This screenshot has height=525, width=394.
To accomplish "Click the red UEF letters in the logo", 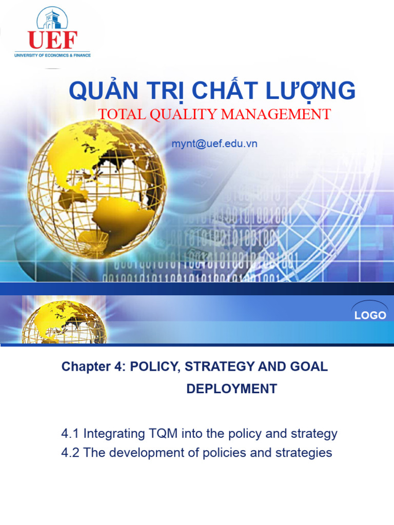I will (x=52, y=40).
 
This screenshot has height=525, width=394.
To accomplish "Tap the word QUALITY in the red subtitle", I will (x=182, y=114).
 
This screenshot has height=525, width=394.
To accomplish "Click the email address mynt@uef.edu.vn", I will (x=214, y=144).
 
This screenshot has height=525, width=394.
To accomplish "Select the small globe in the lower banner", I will (x=64, y=321).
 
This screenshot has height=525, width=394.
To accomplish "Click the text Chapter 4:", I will (x=93, y=367).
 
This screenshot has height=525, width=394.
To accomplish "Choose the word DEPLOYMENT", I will (x=231, y=389).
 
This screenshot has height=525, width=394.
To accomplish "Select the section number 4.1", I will (x=70, y=434).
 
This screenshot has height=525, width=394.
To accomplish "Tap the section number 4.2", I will (x=70, y=453).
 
